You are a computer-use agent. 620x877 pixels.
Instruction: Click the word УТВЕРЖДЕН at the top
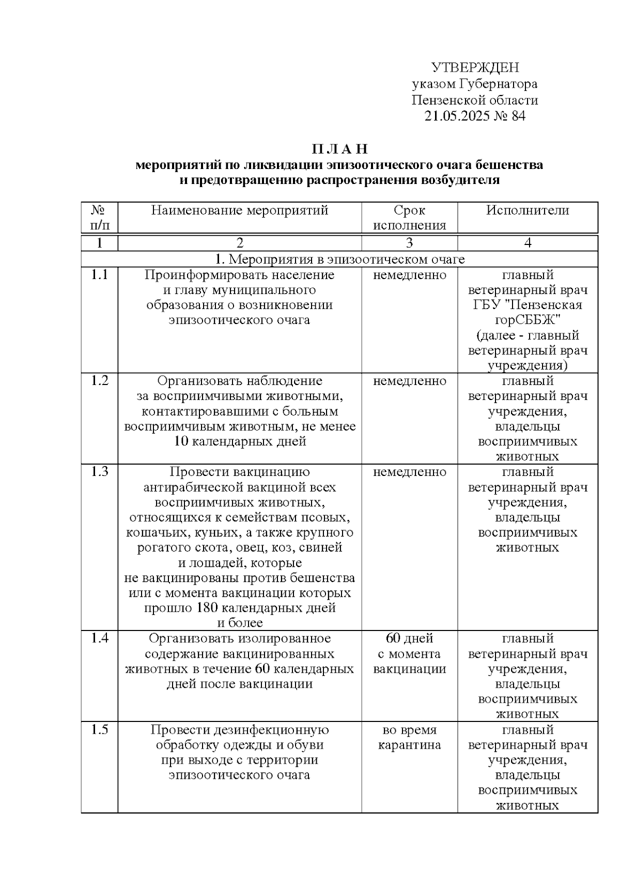pos(475,68)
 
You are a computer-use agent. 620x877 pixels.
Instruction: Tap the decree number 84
pos(518,116)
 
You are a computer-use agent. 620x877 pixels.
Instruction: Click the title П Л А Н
pos(339,149)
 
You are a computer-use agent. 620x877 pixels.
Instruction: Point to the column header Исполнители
pos(528,210)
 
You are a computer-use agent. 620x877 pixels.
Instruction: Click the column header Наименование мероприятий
pos(240,210)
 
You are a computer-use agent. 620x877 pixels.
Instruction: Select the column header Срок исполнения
pos(409,218)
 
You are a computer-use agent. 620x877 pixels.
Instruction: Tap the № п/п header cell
pos(99,218)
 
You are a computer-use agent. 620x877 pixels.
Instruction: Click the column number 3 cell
pos(409,243)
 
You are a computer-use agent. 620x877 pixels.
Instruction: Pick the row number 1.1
pos(99,275)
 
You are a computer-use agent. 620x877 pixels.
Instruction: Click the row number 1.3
pos(99,472)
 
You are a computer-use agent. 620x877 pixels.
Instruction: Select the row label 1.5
pos(99,730)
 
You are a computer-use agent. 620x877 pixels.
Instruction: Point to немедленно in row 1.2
pos(409,381)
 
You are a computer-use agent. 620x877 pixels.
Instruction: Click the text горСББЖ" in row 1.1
pos(528,320)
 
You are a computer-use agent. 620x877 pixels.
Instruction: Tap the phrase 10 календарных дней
pos(240,442)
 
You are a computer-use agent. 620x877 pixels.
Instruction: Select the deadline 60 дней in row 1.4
pos(409,639)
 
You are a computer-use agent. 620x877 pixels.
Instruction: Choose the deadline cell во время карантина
pos(409,737)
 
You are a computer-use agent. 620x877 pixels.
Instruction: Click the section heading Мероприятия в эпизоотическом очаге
pos(346,259)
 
